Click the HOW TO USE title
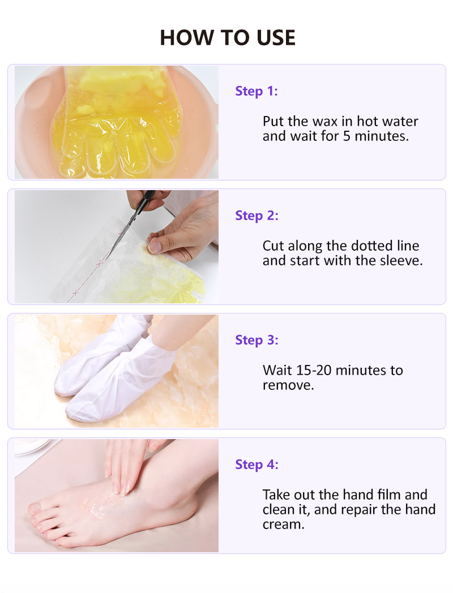(x=228, y=37)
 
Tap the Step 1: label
(x=257, y=91)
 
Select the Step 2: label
(x=257, y=216)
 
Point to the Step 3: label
(x=257, y=340)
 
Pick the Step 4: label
(x=257, y=465)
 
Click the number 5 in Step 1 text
(x=347, y=136)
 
